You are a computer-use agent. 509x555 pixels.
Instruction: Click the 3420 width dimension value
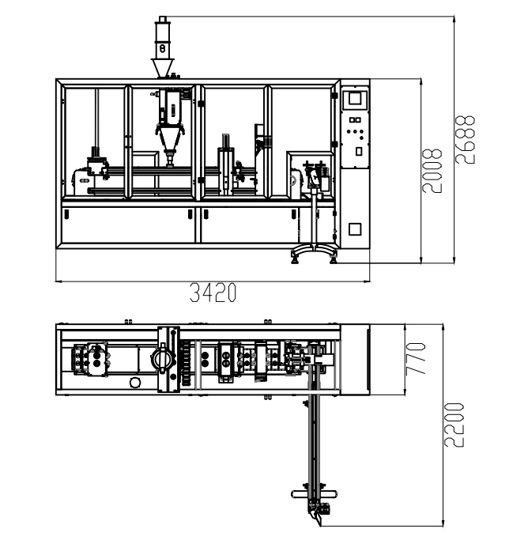213,293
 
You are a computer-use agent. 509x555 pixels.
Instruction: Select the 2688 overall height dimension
465,139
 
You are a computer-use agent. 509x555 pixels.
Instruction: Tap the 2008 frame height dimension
432,171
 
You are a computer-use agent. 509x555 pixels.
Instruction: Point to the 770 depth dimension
416,358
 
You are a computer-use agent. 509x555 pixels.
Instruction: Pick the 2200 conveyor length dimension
454,425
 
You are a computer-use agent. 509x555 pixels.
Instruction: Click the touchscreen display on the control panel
355,98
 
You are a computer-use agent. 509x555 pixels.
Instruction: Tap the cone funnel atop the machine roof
163,67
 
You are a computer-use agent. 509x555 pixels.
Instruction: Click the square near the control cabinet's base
355,229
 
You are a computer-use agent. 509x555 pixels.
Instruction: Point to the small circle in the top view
134,383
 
